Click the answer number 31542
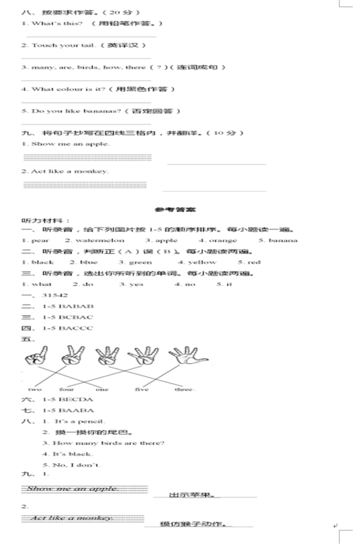[x=56, y=295]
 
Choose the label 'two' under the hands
[x=34, y=389]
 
